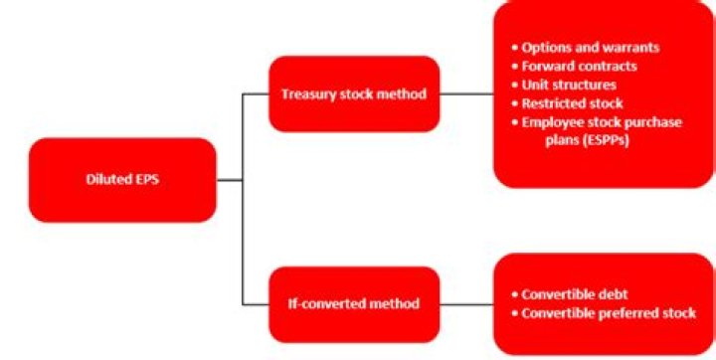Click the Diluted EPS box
pos(122,180)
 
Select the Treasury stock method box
pos(354,93)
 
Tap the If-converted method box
pos(354,303)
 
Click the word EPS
pos(146,180)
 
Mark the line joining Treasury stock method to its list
pos(466,93)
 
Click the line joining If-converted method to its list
pos(466,303)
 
